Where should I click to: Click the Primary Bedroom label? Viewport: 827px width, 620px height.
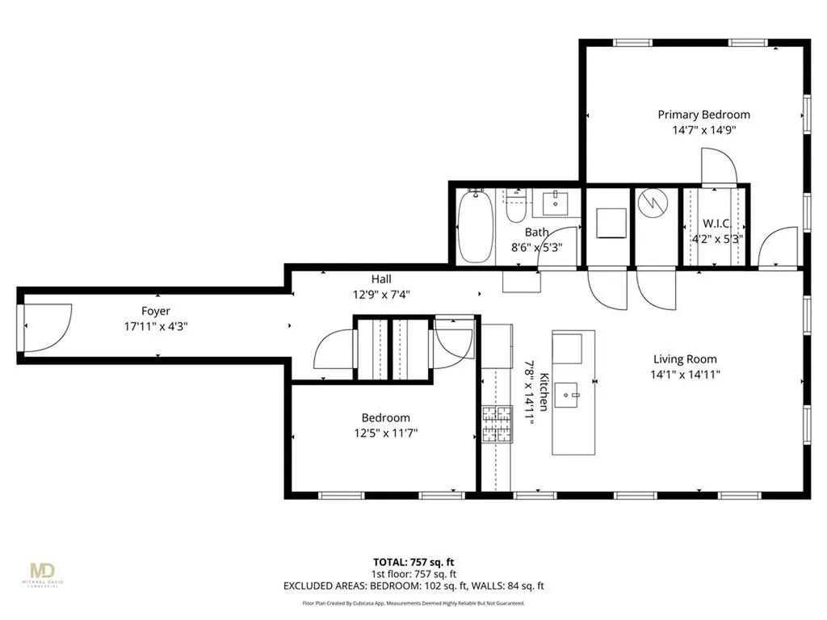click(703, 115)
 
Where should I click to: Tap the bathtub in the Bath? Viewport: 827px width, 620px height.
click(474, 227)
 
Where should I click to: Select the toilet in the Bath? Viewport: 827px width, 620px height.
click(515, 208)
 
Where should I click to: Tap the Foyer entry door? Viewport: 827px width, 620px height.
click(47, 327)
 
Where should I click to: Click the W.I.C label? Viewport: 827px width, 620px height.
click(716, 224)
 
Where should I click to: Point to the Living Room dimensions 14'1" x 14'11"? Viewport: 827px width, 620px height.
click(685, 374)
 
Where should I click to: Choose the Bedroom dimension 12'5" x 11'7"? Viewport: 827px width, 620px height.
click(385, 433)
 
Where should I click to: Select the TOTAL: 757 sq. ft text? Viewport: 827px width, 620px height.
click(413, 561)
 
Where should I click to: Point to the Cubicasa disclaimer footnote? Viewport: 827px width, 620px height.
click(413, 603)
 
